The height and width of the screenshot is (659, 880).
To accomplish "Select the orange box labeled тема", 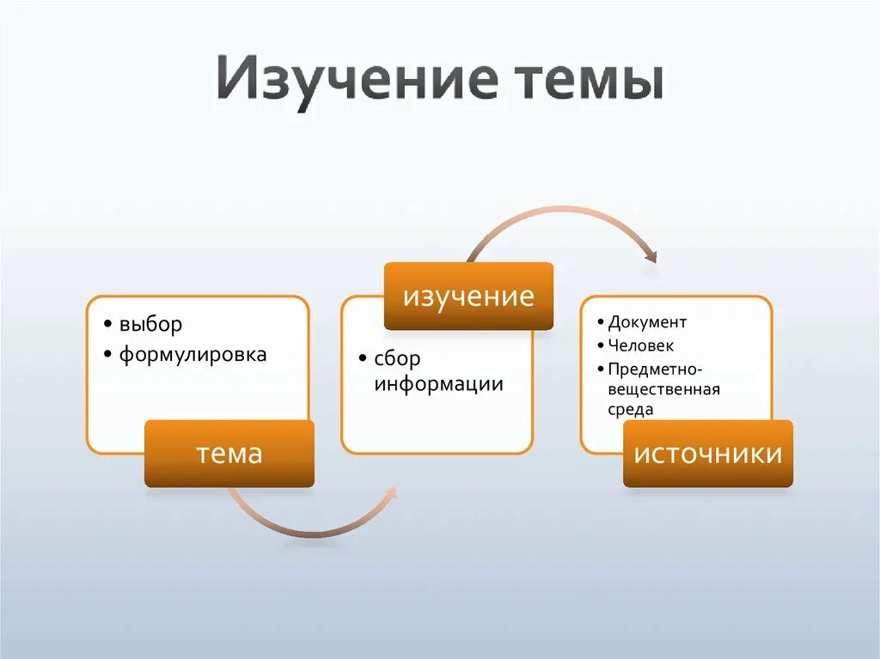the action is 229,454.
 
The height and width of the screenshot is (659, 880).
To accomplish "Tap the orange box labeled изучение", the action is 468,296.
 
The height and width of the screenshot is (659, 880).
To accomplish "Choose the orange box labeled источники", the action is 707,454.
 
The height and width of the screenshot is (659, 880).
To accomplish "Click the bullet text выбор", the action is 151,325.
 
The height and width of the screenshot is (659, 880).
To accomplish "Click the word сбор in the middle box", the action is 397,359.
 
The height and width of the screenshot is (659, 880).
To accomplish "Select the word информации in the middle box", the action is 438,384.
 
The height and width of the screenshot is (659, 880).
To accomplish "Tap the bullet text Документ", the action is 647,322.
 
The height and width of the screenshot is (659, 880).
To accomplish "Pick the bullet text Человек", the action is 641,345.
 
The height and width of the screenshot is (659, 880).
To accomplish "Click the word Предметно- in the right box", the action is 656,369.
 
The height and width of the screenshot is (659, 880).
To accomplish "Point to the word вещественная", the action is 663,389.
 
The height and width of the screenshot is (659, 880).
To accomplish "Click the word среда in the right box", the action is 631,410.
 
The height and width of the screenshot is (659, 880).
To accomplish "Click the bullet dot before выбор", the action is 106,326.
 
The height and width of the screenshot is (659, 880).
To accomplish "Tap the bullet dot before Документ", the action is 599,323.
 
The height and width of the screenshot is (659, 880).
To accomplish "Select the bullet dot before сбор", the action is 364,360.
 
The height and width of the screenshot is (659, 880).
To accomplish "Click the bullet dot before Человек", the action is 599,346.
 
